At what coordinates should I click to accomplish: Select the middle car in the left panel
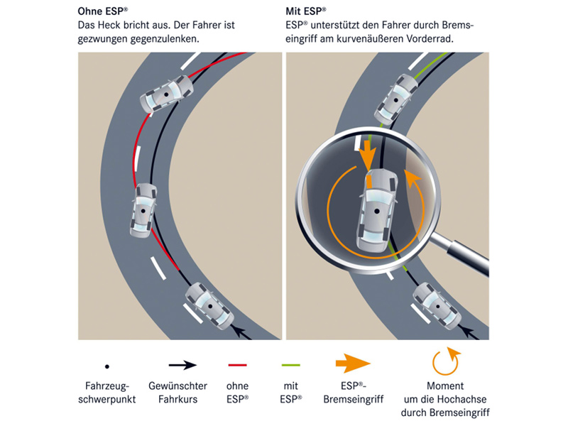[144, 210]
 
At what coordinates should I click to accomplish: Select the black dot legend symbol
[106, 366]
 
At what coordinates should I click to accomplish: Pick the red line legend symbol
[237, 365]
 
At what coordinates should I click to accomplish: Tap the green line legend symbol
[291, 365]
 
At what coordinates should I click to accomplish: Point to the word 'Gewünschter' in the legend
[177, 386]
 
